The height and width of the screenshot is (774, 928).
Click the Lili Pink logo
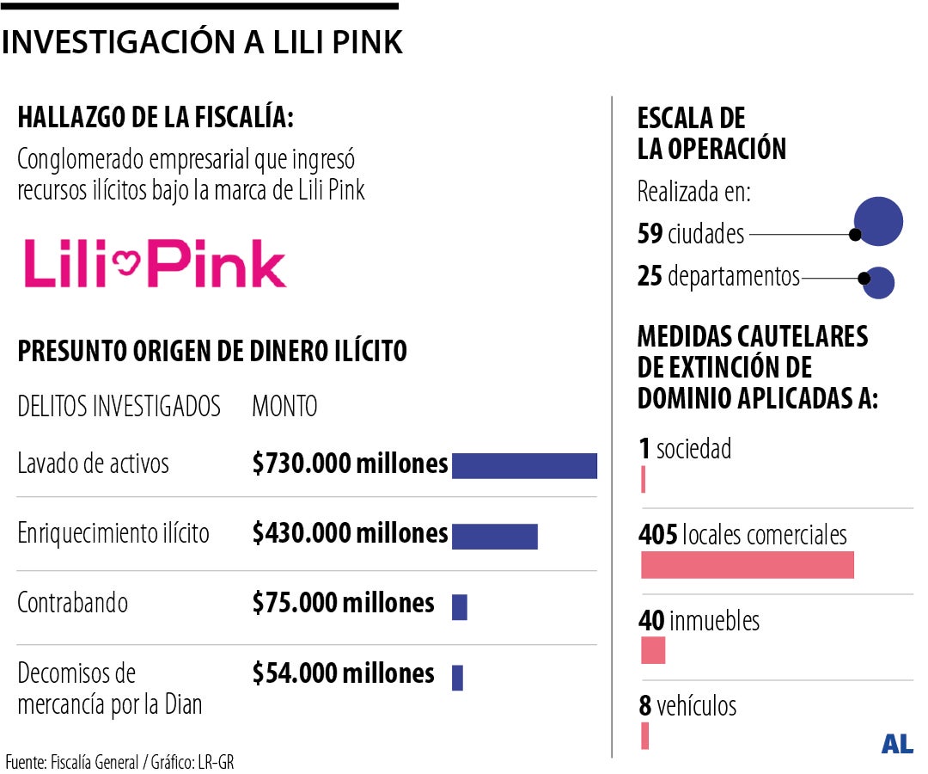tap(155, 263)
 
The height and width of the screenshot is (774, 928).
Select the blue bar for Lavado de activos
tap(524, 465)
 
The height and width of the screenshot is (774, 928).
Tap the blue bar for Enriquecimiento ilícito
tap(494, 536)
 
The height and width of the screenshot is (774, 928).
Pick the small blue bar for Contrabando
tap(460, 607)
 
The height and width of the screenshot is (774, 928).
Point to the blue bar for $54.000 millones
tap(457, 678)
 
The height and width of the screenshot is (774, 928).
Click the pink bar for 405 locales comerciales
tap(747, 565)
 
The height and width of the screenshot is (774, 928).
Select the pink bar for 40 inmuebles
tap(653, 649)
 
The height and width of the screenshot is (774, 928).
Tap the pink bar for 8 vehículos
tap(644, 735)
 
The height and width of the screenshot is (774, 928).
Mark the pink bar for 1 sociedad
tap(643, 480)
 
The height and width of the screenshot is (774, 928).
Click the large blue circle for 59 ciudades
tap(878, 221)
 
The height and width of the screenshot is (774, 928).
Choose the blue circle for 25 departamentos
tap(879, 283)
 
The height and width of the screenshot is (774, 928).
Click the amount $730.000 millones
tap(350, 464)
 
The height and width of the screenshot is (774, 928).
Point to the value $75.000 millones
tap(343, 603)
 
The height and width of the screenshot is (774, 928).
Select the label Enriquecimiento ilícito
tap(113, 533)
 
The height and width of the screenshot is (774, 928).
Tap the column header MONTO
tap(284, 406)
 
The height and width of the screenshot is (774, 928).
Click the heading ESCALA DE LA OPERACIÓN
tap(711, 133)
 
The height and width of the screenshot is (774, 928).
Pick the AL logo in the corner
tap(897, 745)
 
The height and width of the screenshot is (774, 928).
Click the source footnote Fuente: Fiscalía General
tap(119, 762)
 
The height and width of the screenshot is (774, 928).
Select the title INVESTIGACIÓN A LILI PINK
tap(202, 42)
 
